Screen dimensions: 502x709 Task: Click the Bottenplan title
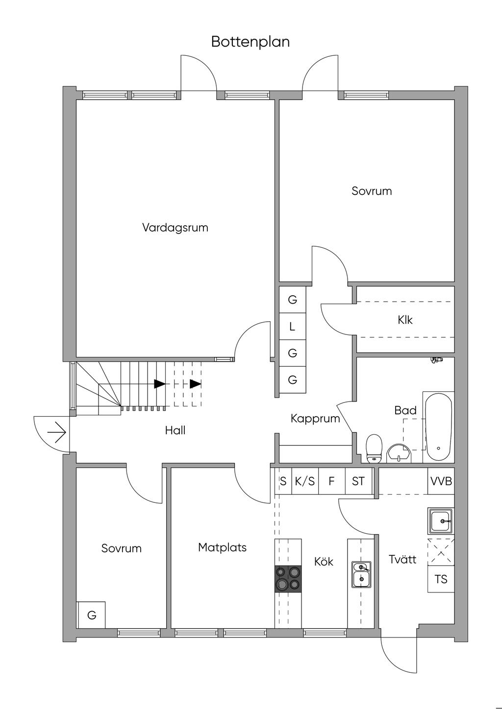pos(251,42)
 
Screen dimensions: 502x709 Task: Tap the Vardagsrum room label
pos(175,228)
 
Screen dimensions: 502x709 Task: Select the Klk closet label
pos(405,320)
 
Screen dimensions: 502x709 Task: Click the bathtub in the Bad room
pos(439,427)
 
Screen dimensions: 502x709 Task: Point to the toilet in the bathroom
pos(374,449)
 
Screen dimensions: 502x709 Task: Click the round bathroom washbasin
pos(400,454)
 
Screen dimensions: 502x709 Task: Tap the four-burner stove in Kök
pos(288,579)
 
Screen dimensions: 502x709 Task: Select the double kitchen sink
pos(361,574)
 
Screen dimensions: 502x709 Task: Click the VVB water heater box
pos(441,481)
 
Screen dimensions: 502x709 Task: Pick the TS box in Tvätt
pos(441,579)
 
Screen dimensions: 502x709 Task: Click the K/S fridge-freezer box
pos(305,481)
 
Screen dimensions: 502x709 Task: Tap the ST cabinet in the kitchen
pos(358,481)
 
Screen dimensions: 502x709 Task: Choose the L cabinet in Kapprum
pos(293,326)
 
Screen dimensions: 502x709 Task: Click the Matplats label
pos(222,547)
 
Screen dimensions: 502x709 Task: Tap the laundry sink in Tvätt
pos(441,520)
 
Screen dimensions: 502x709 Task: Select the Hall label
pos(175,430)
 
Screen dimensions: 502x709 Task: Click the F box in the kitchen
pos(331,481)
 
